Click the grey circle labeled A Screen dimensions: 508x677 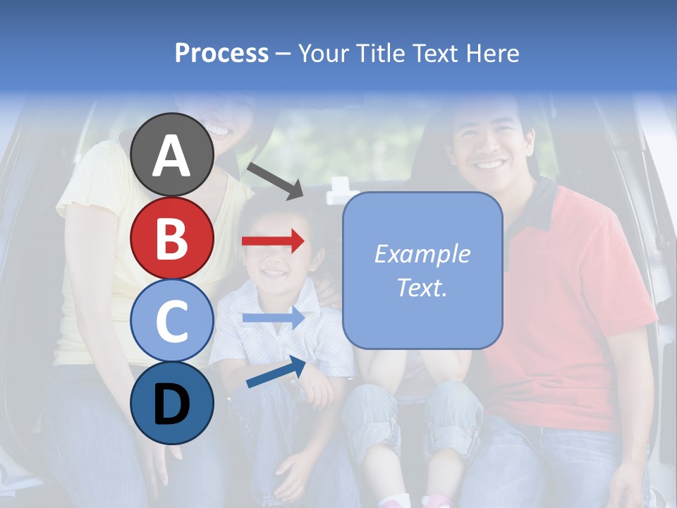[x=172, y=155]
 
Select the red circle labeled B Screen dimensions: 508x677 [x=172, y=238]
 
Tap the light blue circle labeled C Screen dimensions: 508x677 [x=172, y=320]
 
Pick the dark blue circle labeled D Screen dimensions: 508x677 [x=172, y=403]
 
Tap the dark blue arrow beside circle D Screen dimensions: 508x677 [x=276, y=372]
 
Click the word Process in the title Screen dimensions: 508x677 [x=221, y=54]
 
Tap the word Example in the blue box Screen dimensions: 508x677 [x=422, y=254]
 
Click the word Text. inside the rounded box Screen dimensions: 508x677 [x=422, y=287]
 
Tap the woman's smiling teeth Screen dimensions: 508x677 [x=218, y=131]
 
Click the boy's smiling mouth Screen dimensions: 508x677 [x=272, y=272]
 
